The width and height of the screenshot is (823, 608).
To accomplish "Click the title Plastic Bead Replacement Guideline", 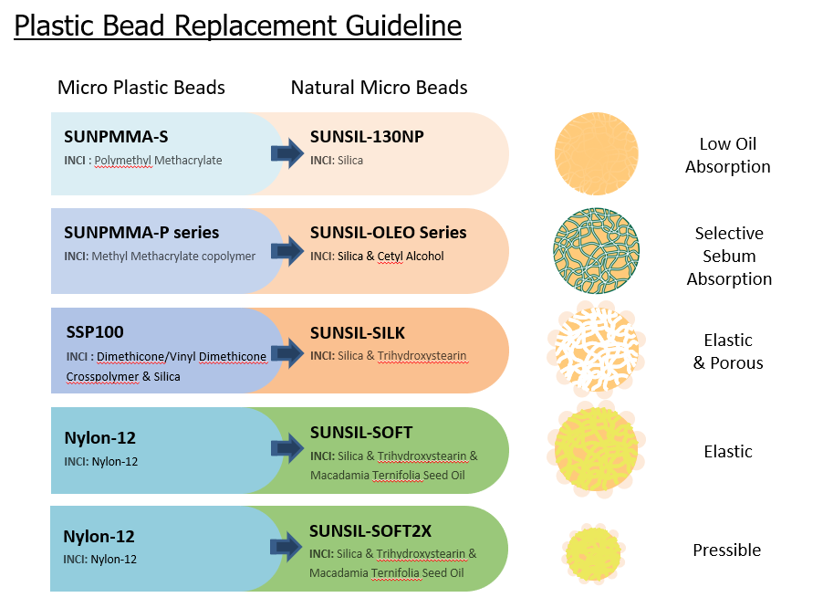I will pyautogui.click(x=237, y=26).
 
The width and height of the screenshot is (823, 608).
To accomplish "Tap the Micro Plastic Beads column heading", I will pyautogui.click(x=141, y=88).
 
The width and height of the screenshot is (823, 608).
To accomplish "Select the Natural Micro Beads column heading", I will pyautogui.click(x=379, y=88).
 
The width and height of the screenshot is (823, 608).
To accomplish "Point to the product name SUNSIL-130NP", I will pyautogui.click(x=367, y=137).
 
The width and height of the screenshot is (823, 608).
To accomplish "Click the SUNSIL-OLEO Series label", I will pyautogui.click(x=388, y=233).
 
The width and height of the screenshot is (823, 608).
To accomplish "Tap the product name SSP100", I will pyautogui.click(x=94, y=332).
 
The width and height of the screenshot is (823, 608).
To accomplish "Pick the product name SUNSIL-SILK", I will pyautogui.click(x=358, y=332).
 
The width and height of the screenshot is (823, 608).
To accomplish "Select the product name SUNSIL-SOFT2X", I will pyautogui.click(x=370, y=530).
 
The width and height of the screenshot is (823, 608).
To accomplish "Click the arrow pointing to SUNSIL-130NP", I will pyautogui.click(x=287, y=153).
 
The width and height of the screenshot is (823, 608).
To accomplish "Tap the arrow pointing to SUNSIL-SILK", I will pyautogui.click(x=287, y=351).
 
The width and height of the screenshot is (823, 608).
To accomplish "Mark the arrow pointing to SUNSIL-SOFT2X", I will pyautogui.click(x=287, y=548).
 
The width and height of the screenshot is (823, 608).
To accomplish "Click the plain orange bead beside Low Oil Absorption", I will pyautogui.click(x=597, y=153).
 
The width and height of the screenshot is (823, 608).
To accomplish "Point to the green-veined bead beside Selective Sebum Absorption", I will pyautogui.click(x=595, y=251).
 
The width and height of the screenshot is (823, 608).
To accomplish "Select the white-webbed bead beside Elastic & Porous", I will pyautogui.click(x=595, y=350).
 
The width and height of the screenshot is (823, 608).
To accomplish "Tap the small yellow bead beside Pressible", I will pyautogui.click(x=596, y=550).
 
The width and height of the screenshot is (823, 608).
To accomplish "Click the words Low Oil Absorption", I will pyautogui.click(x=727, y=155).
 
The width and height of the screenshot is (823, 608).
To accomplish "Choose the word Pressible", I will pyautogui.click(x=726, y=550).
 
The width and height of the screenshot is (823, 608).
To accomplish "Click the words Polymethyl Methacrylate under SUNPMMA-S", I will pyautogui.click(x=158, y=161).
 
